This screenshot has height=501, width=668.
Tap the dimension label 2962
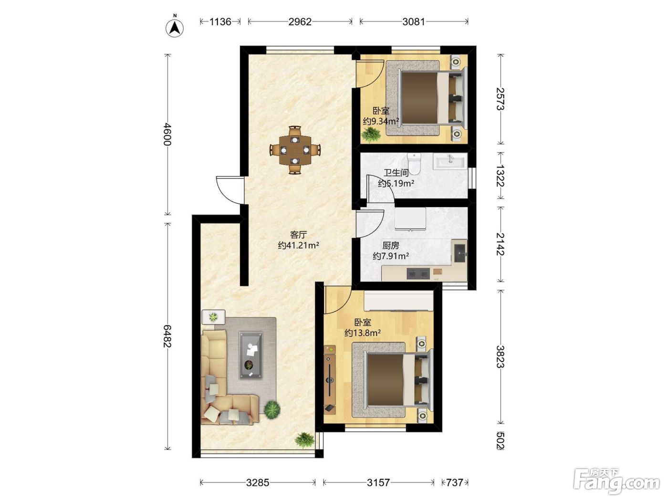click(x=300, y=21)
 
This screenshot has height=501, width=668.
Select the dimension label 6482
click(x=167, y=336)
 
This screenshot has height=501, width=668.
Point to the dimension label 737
click(x=454, y=482)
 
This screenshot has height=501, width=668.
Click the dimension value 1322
click(x=500, y=176)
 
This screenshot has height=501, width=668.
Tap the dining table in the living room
click(x=295, y=150)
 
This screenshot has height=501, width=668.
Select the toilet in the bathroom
click(x=414, y=163)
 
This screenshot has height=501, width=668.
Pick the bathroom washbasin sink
click(x=450, y=161)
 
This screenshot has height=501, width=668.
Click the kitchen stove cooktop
click(x=418, y=274)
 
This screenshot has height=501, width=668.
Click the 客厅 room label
click(x=298, y=235)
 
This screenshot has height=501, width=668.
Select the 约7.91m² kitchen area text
click(x=391, y=256)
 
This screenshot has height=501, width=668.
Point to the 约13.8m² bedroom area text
click(x=363, y=333)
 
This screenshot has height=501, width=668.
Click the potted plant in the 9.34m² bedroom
click(x=371, y=135)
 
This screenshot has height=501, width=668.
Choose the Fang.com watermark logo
click(x=616, y=482)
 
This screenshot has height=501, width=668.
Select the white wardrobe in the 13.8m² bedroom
click(x=398, y=301)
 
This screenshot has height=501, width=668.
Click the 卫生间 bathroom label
click(x=396, y=173)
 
